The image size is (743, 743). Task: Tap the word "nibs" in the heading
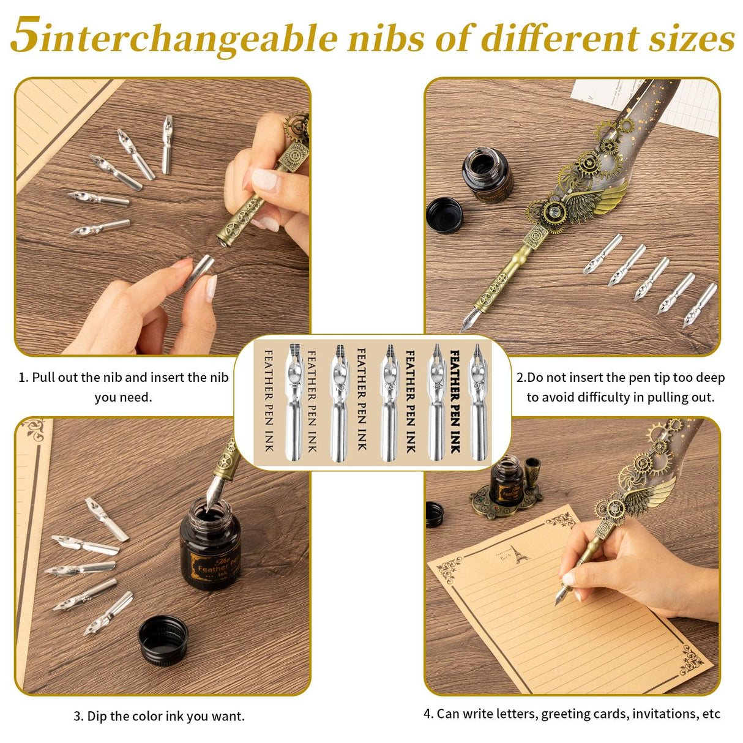click(387, 38)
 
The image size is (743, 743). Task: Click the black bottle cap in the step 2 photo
click(444, 215)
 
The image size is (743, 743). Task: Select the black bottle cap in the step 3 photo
click(163, 640)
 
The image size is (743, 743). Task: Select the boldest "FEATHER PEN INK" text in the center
click(455, 401)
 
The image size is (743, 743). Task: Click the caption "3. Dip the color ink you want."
click(159, 716)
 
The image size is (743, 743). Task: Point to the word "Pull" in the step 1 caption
click(45, 378)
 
